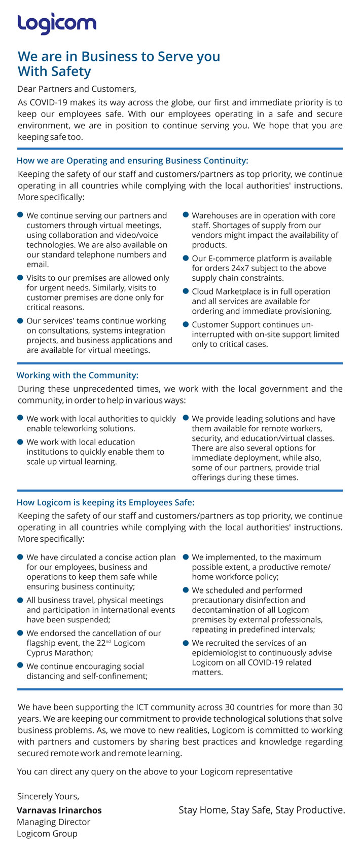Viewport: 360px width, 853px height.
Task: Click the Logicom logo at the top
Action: coord(56,24)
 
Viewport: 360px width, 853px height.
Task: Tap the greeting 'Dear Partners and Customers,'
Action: coord(77,89)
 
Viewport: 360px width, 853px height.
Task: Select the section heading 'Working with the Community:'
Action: coord(78,376)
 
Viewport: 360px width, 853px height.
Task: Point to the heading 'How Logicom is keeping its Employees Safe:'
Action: coord(105,503)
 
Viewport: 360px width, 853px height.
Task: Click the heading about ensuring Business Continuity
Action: coord(132,161)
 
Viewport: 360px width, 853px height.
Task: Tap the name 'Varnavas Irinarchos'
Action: coord(59,810)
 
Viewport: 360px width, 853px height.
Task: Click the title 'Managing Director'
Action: coord(54,822)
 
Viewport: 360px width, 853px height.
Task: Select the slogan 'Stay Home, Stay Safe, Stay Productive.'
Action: coord(262,810)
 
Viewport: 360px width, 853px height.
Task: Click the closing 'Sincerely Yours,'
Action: coord(48,796)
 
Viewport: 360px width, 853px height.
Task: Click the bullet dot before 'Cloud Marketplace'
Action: coord(186,291)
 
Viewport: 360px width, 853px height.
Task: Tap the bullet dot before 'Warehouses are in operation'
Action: coord(186,215)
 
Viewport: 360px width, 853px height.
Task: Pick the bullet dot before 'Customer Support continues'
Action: coord(186,324)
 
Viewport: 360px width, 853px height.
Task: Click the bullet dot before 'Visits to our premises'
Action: coord(20,278)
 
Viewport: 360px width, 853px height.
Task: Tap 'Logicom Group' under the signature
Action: coord(47,833)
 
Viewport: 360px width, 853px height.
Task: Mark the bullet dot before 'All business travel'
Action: coord(20,600)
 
